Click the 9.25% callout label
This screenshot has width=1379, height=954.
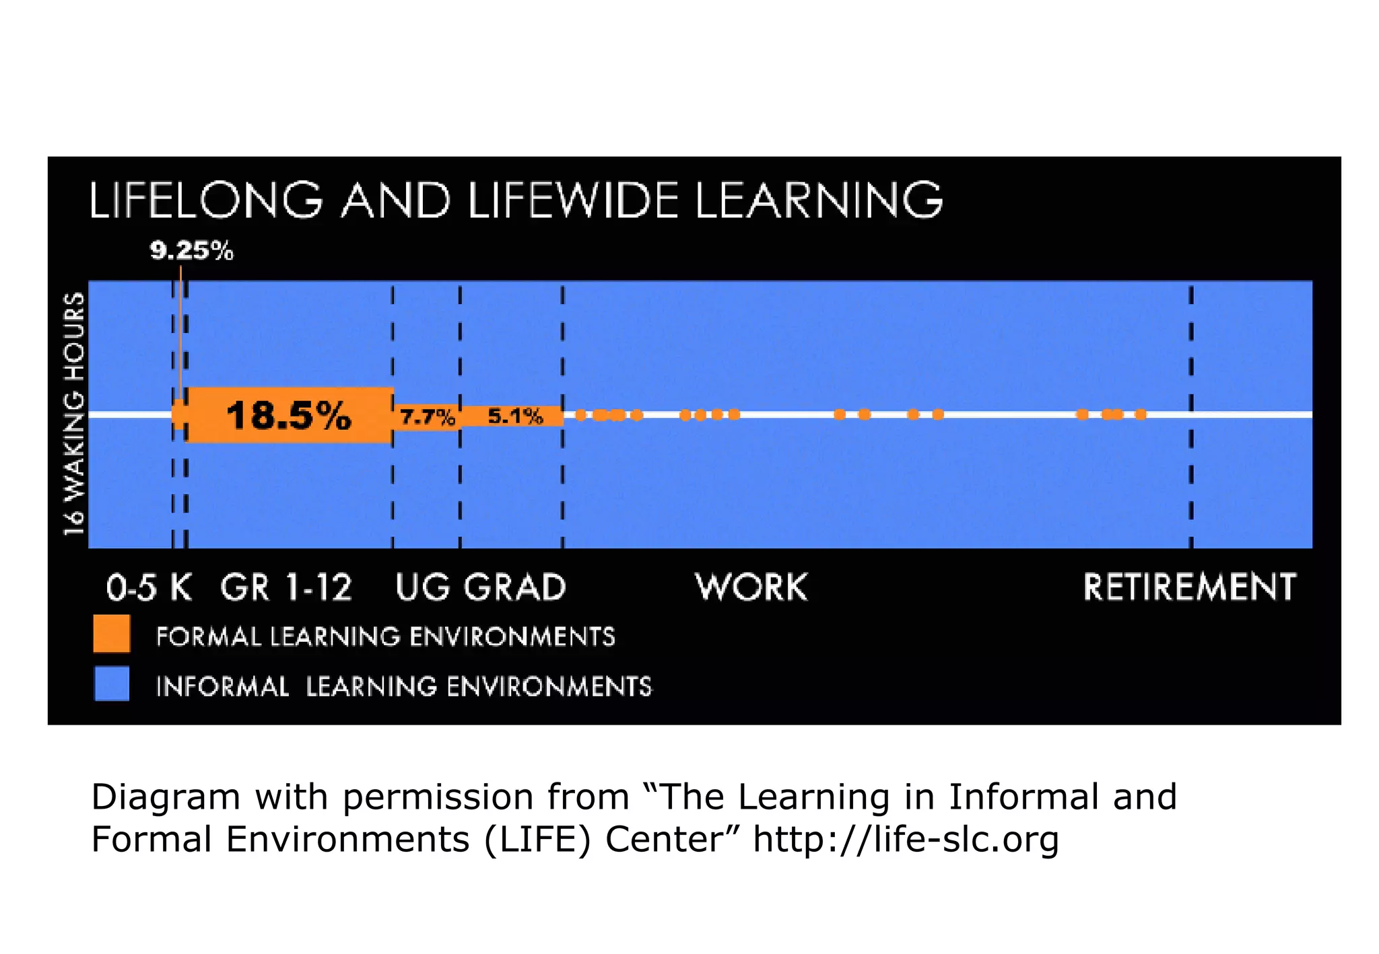tap(191, 251)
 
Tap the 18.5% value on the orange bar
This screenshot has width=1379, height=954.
tap(289, 415)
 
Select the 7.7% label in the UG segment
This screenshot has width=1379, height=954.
tap(428, 418)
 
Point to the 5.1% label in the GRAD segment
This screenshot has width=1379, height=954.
tap(515, 416)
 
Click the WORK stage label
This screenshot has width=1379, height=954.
tap(751, 587)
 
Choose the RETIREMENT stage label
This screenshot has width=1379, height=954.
tap(1189, 587)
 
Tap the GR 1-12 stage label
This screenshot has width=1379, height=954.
tap(286, 587)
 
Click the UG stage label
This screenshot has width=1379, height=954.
tap(422, 587)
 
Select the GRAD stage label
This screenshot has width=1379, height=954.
tap(515, 587)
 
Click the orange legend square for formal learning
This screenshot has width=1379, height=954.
tap(112, 634)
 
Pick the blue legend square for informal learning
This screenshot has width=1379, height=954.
tap(112, 684)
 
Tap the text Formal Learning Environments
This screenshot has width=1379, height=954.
tap(386, 636)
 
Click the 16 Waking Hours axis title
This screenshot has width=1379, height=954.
tap(74, 414)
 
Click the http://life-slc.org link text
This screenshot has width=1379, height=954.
tap(906, 839)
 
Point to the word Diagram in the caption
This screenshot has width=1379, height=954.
tap(165, 797)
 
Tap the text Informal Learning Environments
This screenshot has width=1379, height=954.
tap(404, 687)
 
